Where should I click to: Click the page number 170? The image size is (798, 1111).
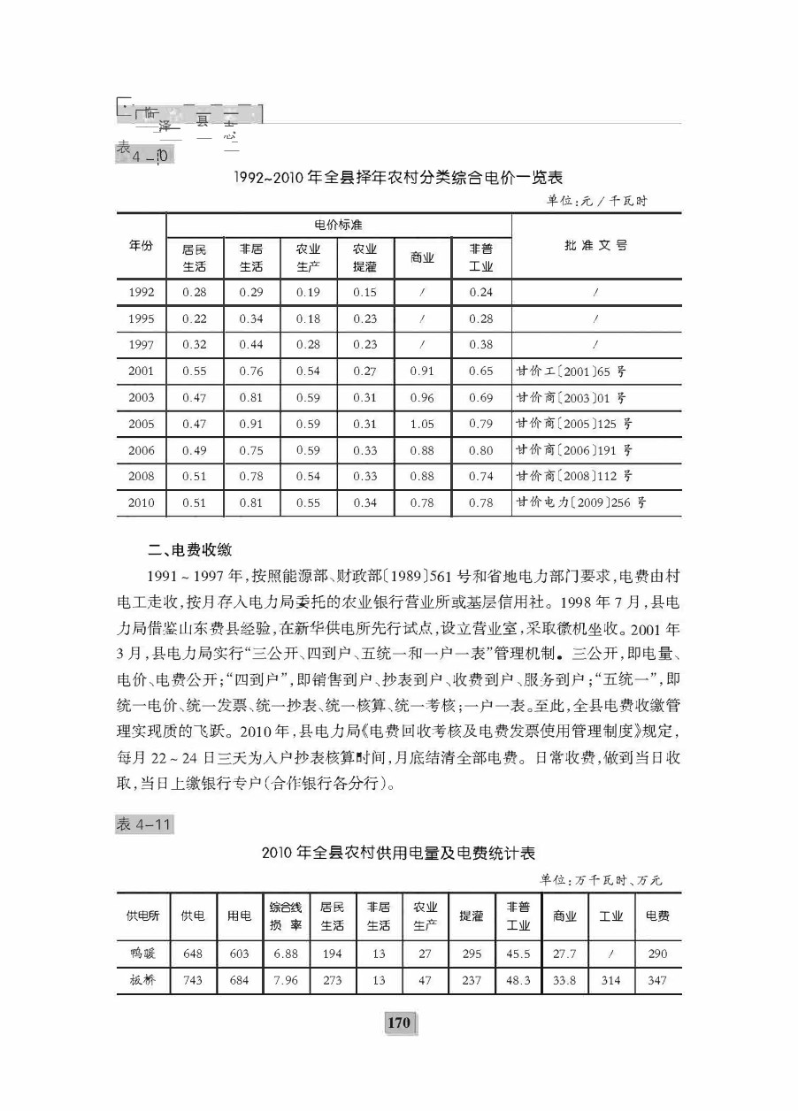(x=399, y=1023)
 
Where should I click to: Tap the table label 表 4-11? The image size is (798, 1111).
(x=143, y=824)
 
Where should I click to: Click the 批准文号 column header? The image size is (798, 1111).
(x=596, y=245)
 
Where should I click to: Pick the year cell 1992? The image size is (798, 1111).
(x=142, y=293)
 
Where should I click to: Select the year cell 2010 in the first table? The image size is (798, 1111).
(x=142, y=503)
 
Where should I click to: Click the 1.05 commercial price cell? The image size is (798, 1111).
(x=422, y=425)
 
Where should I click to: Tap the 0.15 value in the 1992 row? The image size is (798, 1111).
(x=364, y=293)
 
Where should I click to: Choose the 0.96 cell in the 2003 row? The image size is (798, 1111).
(x=422, y=398)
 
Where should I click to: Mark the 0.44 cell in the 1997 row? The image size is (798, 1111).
(x=251, y=345)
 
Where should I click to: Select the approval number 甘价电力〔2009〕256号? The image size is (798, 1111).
(x=579, y=503)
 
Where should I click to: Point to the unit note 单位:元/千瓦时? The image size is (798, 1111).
(x=596, y=201)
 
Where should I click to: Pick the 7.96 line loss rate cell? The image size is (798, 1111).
(x=286, y=981)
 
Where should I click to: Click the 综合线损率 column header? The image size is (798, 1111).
(x=286, y=916)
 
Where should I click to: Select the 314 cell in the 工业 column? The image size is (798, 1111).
(x=611, y=981)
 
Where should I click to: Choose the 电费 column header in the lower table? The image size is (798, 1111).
(x=657, y=916)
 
